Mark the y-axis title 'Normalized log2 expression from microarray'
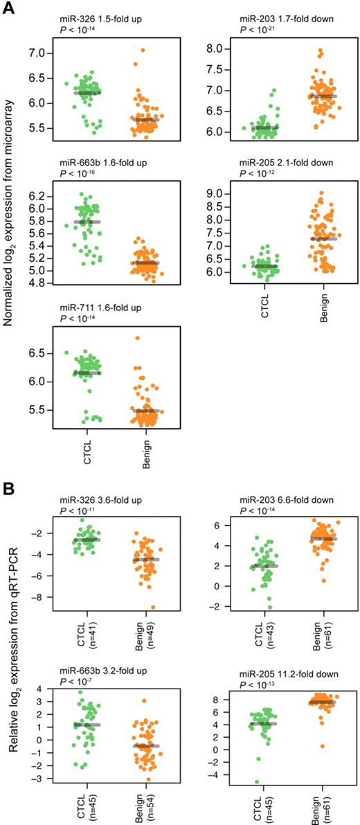pos(10,208)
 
